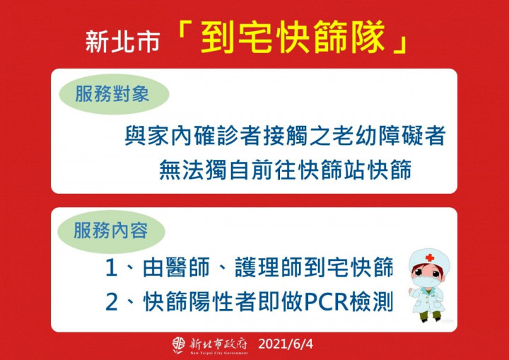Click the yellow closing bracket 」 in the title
click(402, 44)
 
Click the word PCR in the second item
click(323, 302)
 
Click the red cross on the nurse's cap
click(429, 258)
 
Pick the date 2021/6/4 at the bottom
click(285, 344)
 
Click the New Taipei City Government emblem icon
click(180, 344)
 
